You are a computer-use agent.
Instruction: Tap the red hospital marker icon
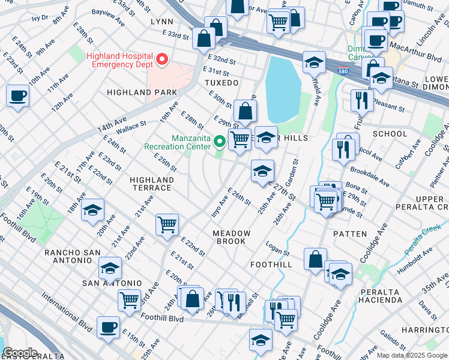(x=162, y=59)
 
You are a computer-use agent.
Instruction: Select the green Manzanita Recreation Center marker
(x=220, y=142)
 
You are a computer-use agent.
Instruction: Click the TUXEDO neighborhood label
(x=221, y=82)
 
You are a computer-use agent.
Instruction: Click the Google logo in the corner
(x=19, y=353)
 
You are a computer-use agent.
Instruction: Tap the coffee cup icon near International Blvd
(x=108, y=328)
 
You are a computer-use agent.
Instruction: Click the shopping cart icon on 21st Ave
(x=167, y=225)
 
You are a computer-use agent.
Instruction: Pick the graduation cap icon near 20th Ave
(x=92, y=211)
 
